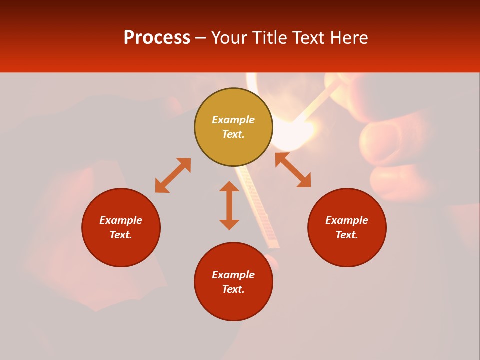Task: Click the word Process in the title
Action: [x=157, y=38]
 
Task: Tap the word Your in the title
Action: [x=229, y=38]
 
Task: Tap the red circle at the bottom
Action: [x=233, y=305]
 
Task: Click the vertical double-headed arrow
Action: [x=229, y=205]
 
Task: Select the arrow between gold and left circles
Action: [x=173, y=175]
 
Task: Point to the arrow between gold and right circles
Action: [x=293, y=170]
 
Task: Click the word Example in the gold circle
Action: [x=233, y=120]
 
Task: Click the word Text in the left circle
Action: [x=121, y=235]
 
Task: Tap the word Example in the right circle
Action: [x=347, y=220]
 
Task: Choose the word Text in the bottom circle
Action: [x=233, y=289]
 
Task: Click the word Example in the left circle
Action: [x=121, y=220]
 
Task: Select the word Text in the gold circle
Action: [x=233, y=134]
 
